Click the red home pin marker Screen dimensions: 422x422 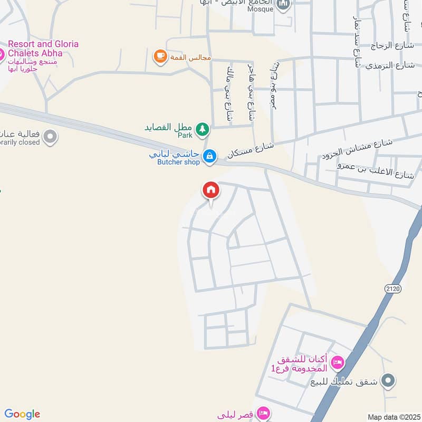pos(211,190)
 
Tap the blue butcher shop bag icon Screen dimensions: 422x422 pos(210,156)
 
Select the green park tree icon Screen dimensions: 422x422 pos(202,128)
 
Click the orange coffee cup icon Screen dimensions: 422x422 pos(159,55)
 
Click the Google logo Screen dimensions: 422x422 pos(22,414)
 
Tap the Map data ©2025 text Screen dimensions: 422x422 pos(394,417)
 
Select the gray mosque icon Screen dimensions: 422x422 pos(283,6)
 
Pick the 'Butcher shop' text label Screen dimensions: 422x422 pos(178,162)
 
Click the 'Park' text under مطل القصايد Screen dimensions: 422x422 pos(185,136)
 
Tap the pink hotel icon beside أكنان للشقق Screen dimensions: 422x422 pos(337,362)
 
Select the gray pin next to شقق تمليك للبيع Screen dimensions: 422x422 pos(389,380)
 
